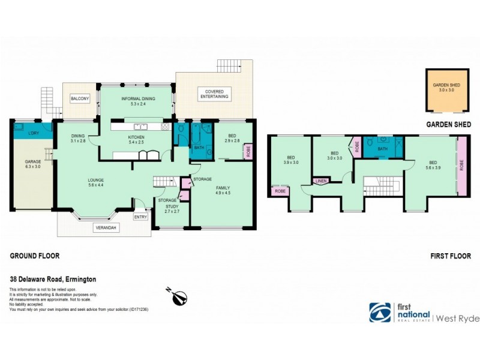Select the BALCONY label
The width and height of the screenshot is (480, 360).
[80, 98]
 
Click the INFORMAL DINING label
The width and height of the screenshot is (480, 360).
[138, 98]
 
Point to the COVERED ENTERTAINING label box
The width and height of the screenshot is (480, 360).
[213, 94]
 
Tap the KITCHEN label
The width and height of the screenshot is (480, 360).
[136, 137]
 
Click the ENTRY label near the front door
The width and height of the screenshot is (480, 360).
[140, 217]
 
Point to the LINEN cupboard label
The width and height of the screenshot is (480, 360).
[320, 180]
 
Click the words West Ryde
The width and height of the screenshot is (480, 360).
[457, 318]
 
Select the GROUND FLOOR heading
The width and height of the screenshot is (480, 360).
[35, 256]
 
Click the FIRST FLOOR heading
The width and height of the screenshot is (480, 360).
[451, 256]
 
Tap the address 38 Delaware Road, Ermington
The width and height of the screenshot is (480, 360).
[53, 279]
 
